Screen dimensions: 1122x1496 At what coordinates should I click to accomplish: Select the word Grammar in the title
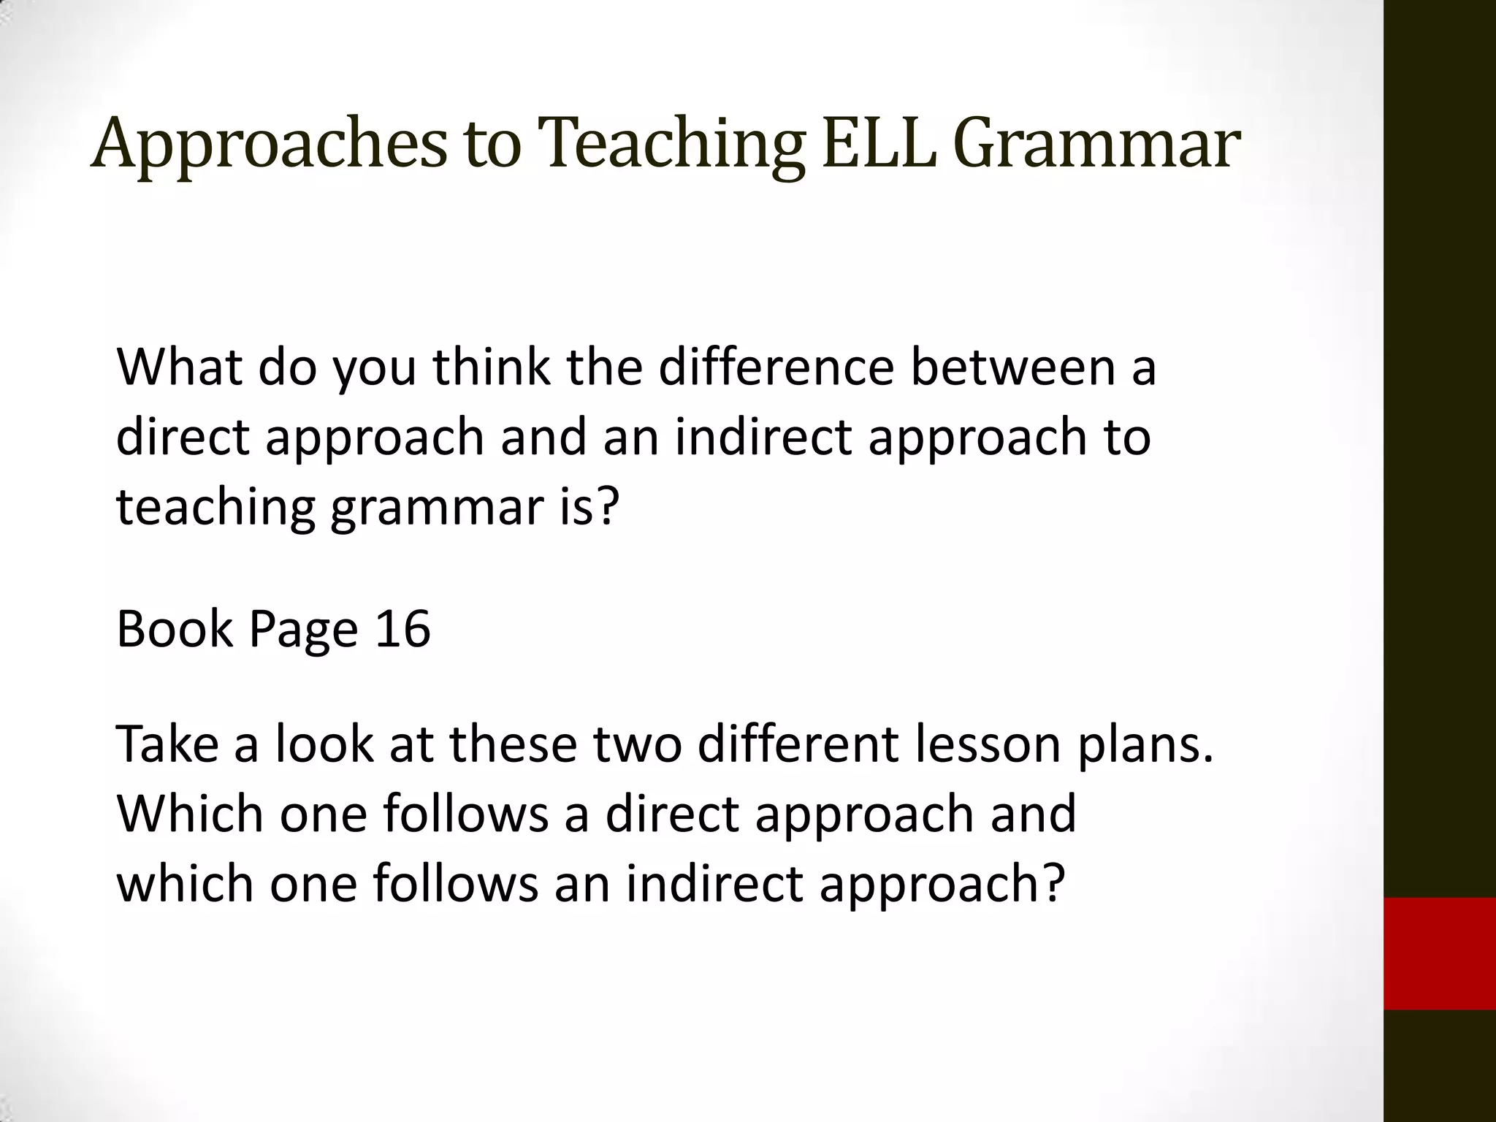[x=1096, y=144]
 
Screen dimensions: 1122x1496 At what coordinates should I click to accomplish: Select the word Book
[x=175, y=628]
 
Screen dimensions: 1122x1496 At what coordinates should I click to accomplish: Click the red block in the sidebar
[x=1439, y=953]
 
